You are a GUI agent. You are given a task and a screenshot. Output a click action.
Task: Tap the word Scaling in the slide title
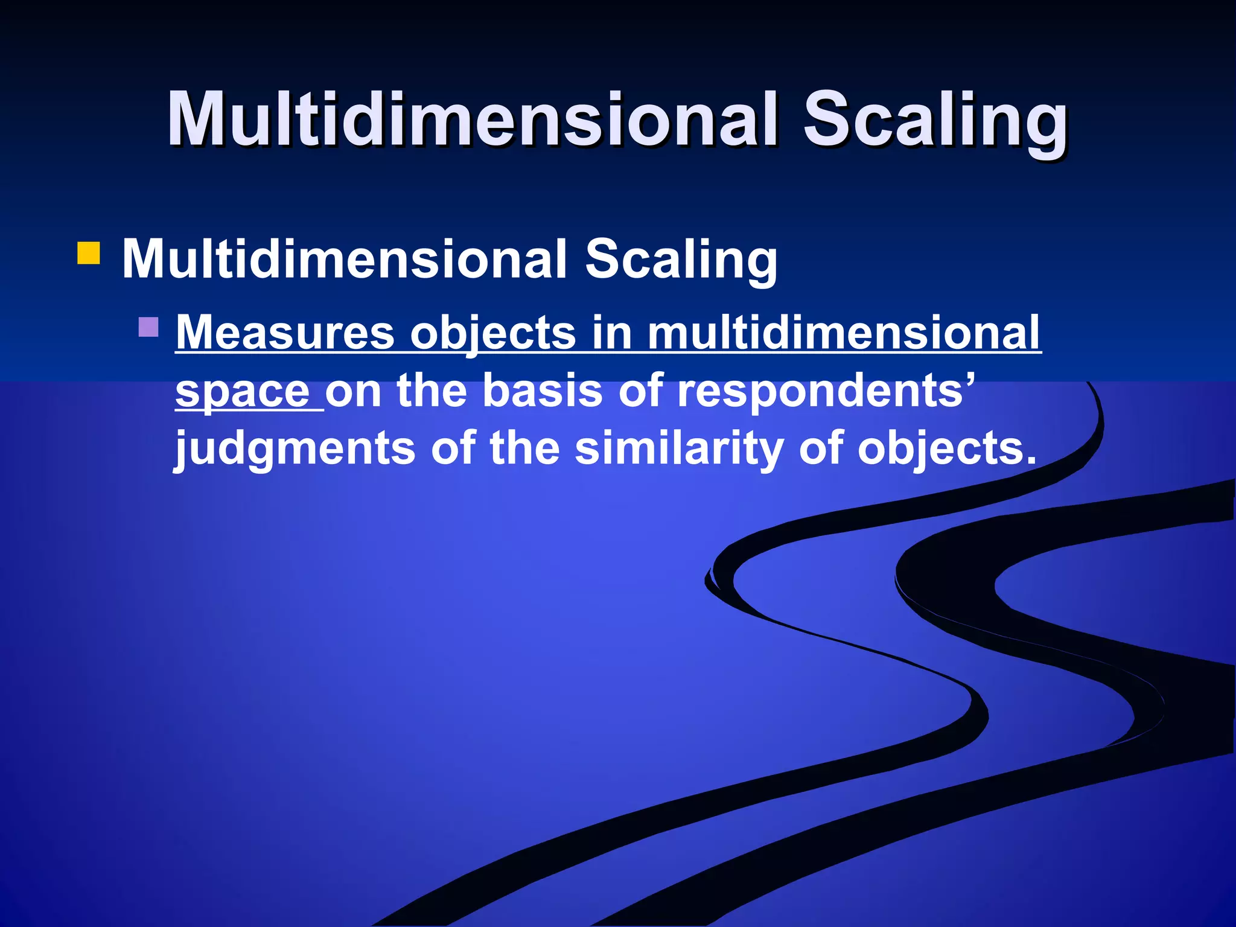tap(935, 119)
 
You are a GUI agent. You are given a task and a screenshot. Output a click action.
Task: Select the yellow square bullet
tap(88, 253)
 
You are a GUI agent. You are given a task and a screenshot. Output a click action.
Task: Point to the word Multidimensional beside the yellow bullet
tap(344, 259)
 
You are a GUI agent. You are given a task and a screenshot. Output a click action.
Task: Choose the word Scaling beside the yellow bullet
tap(681, 259)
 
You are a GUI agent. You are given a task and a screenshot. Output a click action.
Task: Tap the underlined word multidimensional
tap(844, 333)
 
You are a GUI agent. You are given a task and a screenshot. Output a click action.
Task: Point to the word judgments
tap(295, 448)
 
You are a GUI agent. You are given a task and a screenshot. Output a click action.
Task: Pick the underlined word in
tap(611, 333)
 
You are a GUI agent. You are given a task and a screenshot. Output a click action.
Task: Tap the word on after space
tap(353, 391)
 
